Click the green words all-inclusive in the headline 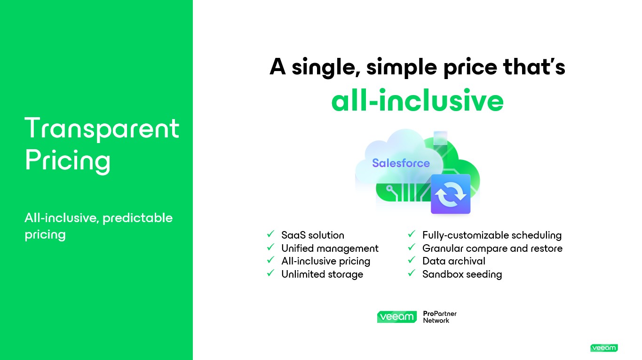coord(417,100)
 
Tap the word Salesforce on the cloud coord(401,163)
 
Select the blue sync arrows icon coord(451,194)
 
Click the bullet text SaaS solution coord(313,235)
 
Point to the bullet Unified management coord(330,248)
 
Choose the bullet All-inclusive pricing coord(326,261)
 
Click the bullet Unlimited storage coord(322,274)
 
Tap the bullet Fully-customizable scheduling coord(492,235)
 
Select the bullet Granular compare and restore coord(492,248)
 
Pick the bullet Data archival coord(454,261)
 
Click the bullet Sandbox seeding coord(462,274)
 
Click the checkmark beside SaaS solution coord(270,234)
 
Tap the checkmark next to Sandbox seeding coord(412,273)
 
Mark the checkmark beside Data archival coord(412,260)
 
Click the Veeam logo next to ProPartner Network coord(397,317)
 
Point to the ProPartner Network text coord(440,317)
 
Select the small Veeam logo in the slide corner coord(604,348)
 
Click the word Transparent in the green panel coord(102,128)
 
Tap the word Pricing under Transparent coord(68,160)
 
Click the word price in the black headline coord(470,67)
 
